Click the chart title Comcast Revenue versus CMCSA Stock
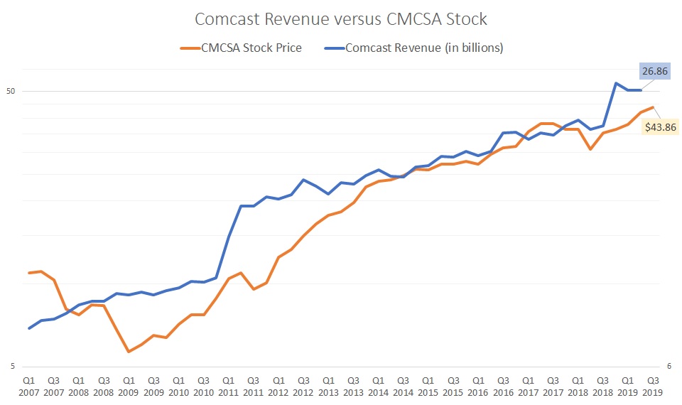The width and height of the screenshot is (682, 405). (x=341, y=18)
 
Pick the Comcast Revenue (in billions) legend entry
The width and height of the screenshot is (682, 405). (x=416, y=48)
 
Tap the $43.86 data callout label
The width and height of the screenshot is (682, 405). (x=660, y=127)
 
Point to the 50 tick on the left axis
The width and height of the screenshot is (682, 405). (x=11, y=91)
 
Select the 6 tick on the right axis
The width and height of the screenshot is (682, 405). (x=669, y=367)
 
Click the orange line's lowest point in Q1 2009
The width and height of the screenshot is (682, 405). (x=129, y=352)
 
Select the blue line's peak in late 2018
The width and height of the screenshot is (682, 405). (x=615, y=83)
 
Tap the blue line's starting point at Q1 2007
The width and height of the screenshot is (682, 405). (x=29, y=328)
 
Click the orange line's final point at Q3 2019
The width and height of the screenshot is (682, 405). (x=653, y=107)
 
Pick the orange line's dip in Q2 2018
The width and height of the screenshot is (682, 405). (x=590, y=149)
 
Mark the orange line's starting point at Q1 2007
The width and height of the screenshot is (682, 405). (x=29, y=273)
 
